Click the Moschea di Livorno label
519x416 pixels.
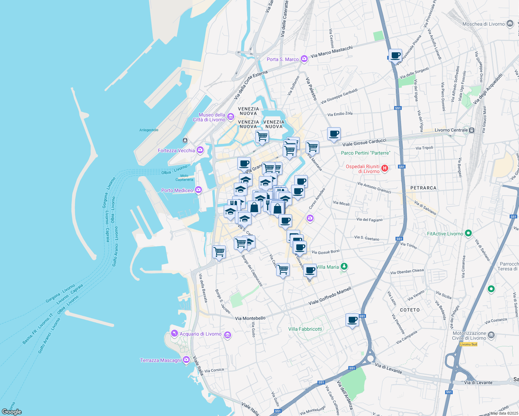483,24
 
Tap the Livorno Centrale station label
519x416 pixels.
451,130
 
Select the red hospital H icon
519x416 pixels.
384,168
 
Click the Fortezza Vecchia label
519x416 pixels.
176,150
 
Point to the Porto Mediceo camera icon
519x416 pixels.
198,190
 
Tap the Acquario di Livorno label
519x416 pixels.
200,334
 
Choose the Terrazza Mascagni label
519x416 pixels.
160,360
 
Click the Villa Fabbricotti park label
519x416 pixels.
305,329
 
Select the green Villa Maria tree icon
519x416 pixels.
344,267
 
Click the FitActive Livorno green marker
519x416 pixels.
468,233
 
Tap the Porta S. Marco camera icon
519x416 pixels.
304,59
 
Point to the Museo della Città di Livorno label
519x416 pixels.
210,117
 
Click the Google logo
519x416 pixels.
11,412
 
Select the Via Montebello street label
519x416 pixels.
250,318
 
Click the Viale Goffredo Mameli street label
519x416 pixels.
330,296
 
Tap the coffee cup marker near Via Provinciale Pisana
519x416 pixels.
395,55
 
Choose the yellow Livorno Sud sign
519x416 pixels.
468,344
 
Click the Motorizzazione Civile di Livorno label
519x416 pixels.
469,336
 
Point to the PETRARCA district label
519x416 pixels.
423,188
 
